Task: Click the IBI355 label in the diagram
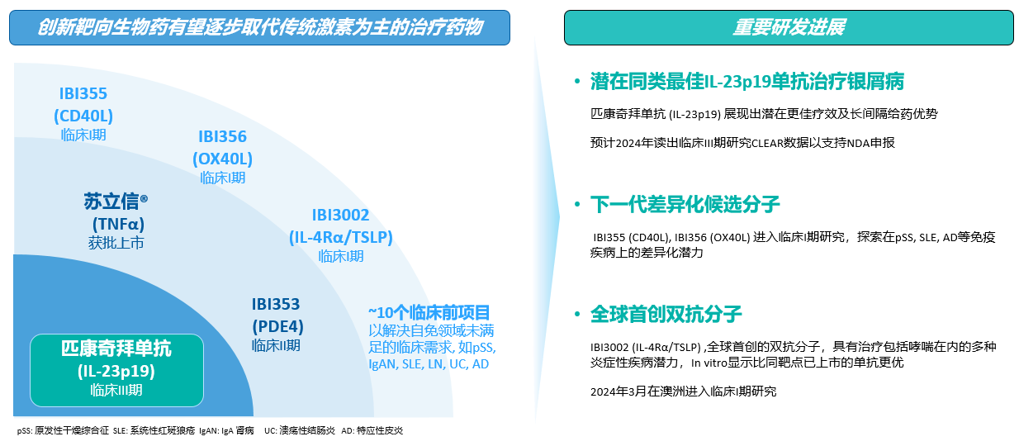83,94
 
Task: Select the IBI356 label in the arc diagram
222,136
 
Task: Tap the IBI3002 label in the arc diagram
340,215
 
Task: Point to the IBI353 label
276,304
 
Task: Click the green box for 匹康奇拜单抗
116,370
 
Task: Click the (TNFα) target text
118,224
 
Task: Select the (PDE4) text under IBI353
278,326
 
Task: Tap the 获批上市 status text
116,243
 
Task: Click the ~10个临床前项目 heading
429,313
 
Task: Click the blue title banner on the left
259,27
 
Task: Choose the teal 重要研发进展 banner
789,27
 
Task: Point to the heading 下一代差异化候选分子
685,204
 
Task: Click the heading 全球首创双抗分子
666,314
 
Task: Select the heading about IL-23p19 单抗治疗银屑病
747,82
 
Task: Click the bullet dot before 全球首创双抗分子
577,314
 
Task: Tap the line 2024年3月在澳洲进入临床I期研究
683,391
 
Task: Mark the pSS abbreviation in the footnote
24,430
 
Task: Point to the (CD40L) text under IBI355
83,116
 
